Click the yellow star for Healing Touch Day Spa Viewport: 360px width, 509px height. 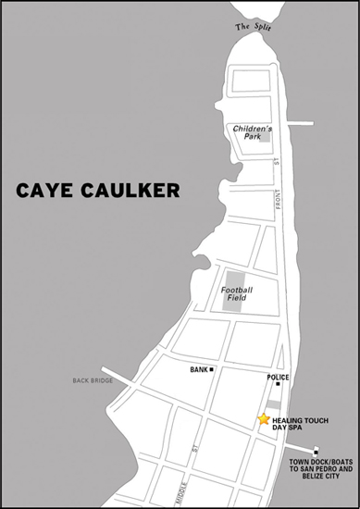[x=265, y=419]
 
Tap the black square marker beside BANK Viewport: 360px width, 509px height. [x=211, y=370]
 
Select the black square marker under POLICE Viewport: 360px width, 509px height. [x=278, y=384]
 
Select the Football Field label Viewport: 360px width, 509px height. [x=237, y=293]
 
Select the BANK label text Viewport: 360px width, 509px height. [x=198, y=370]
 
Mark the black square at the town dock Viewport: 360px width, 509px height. [x=316, y=451]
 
